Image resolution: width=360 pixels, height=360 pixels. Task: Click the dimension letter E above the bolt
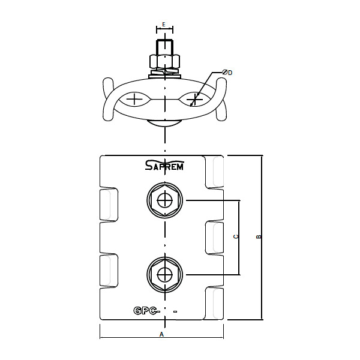click(164, 24)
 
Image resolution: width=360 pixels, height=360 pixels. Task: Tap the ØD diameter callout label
click(227, 73)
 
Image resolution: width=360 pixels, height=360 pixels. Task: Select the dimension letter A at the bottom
click(161, 334)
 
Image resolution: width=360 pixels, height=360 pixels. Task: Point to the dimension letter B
click(259, 236)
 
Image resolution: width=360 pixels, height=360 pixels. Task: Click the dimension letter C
click(236, 236)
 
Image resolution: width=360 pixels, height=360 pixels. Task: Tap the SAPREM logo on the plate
click(164, 164)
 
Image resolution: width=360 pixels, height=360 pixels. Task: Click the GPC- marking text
click(146, 311)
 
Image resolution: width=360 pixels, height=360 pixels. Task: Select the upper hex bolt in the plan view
click(164, 200)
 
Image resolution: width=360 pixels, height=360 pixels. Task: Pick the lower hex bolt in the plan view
click(164, 275)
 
